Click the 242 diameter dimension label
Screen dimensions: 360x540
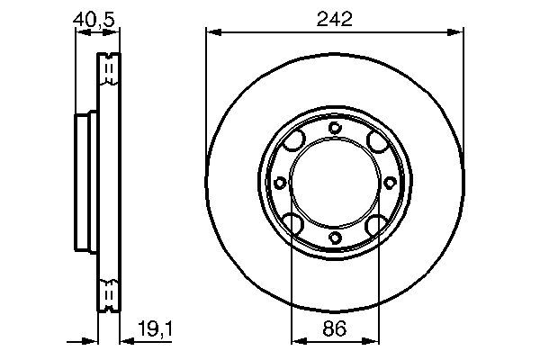tap(333, 19)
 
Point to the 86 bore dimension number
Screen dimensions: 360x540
tap(335, 330)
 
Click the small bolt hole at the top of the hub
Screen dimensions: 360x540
tap(335, 128)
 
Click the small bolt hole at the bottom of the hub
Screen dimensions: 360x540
tap(335, 238)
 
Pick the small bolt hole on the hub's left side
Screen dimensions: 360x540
tap(280, 183)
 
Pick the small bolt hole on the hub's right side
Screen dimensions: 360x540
tap(390, 183)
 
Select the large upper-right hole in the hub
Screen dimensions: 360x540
tap(374, 142)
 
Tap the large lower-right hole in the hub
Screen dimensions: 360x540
tap(374, 222)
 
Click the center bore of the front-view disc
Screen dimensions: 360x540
tap(335, 183)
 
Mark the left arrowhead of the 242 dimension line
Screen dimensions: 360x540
tap(213, 33)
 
